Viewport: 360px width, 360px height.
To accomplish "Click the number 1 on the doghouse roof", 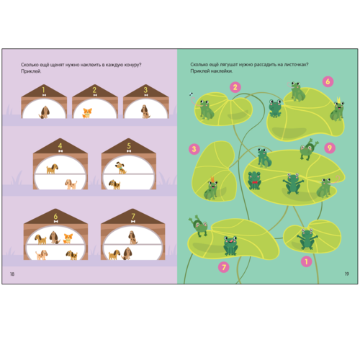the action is coord(43,90).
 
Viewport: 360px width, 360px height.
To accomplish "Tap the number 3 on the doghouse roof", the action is coord(145,90).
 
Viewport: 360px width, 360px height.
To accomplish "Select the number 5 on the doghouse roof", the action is coord(129,145).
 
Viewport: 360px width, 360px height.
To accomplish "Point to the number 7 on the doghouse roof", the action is coord(133,216).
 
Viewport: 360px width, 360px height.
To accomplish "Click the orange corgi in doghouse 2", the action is coord(87,113).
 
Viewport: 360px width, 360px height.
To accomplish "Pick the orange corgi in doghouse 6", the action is coord(68,238).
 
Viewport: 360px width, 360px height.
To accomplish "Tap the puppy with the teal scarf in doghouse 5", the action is coord(121,168).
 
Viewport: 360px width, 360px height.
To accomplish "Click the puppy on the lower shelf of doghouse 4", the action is coord(71,184).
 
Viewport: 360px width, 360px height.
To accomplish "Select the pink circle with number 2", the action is coord(235,87).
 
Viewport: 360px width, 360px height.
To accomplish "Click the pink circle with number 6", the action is coord(328,81).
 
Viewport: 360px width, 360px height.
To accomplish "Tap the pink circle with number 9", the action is coord(330,148).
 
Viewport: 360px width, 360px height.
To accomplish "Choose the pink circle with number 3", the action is coord(194,149).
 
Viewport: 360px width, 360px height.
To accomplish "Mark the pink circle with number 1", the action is coord(306,261).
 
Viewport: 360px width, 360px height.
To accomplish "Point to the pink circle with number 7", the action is coord(224,267).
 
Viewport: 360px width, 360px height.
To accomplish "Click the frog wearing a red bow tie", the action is coord(254,180).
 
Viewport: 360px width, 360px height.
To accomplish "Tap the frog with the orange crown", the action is coord(211,189).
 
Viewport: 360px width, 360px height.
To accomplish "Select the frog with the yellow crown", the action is coord(337,109).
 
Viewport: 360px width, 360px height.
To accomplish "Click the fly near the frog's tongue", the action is coord(192,94).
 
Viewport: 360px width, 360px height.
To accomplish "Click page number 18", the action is coord(12,274).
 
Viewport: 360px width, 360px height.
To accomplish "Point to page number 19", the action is coord(347,274).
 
